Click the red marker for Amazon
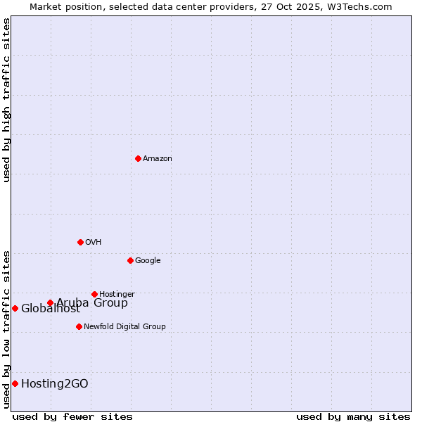pyautogui.click(x=138, y=158)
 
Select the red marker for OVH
pyautogui.click(x=80, y=242)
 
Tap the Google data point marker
pyautogui.click(x=130, y=260)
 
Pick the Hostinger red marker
pyautogui.click(x=94, y=294)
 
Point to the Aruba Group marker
pyautogui.click(x=50, y=303)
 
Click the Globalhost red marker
pyautogui.click(x=15, y=308)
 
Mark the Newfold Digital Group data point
pyautogui.click(x=79, y=326)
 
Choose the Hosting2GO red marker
pyautogui.click(x=15, y=383)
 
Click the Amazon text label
pyautogui.click(x=158, y=159)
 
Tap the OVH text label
pyautogui.click(x=94, y=243)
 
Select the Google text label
pyautogui.click(x=148, y=261)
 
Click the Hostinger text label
pyautogui.click(x=117, y=295)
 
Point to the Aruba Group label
pyautogui.click(x=92, y=303)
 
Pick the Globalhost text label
pyautogui.click(x=51, y=309)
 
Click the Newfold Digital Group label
pyautogui.click(x=124, y=327)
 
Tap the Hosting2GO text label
pyautogui.click(x=55, y=384)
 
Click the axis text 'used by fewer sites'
pyautogui.click(x=72, y=416)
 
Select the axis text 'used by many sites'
pyautogui.click(x=353, y=416)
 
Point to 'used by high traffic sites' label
pyautogui.click(x=6, y=100)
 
